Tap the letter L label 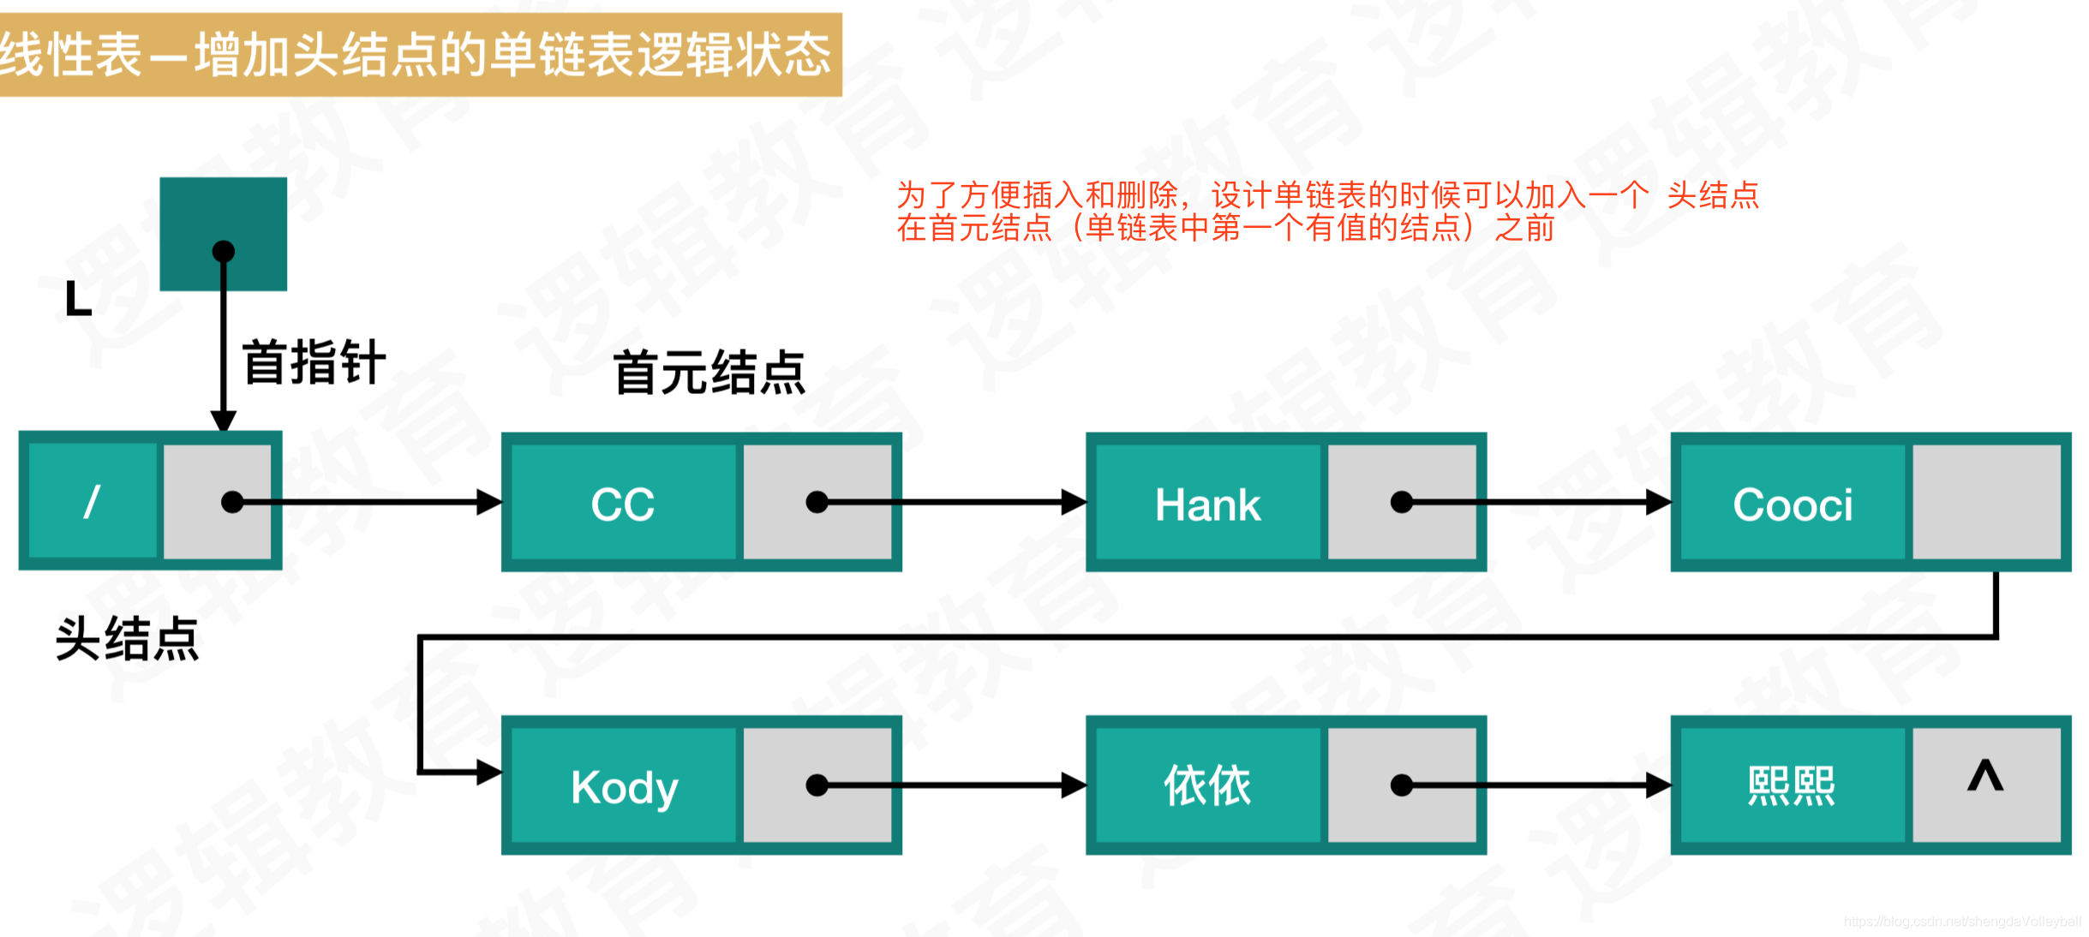pyautogui.click(x=78, y=300)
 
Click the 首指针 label pyautogui.click(x=314, y=362)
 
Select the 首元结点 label pyautogui.click(x=709, y=373)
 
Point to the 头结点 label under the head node pyautogui.click(x=127, y=639)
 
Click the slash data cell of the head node pyautogui.click(x=93, y=502)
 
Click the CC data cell pyautogui.click(x=623, y=504)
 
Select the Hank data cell pyautogui.click(x=1207, y=504)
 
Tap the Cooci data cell pyautogui.click(x=1793, y=504)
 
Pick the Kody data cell pyautogui.click(x=624, y=786)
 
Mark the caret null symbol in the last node pyautogui.click(x=1984, y=776)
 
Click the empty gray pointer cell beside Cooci pyautogui.click(x=1986, y=502)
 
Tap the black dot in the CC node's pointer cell pyautogui.click(x=817, y=502)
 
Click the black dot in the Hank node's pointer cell pyautogui.click(x=1402, y=502)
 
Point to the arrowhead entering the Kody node pyautogui.click(x=489, y=772)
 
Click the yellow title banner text pyautogui.click(x=416, y=55)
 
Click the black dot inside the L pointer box pyautogui.click(x=224, y=251)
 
